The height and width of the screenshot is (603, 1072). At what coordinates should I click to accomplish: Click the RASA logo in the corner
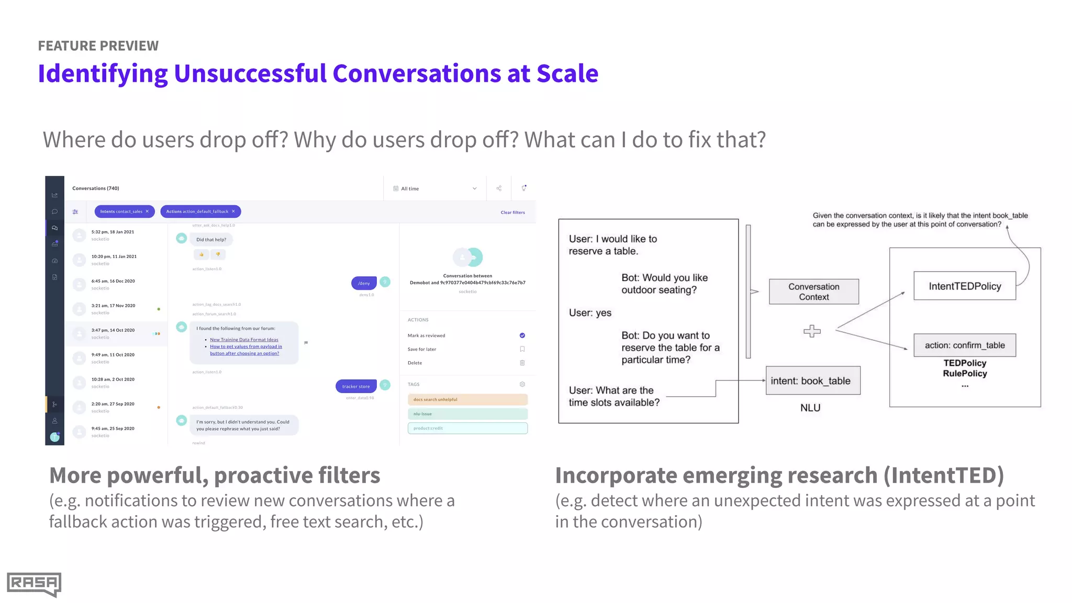[x=34, y=584]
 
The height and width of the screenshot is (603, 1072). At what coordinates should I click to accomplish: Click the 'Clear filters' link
[x=512, y=213]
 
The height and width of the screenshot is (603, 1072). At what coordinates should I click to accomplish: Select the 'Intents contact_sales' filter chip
[x=124, y=211]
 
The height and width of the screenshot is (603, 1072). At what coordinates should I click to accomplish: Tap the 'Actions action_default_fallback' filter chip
[x=200, y=211]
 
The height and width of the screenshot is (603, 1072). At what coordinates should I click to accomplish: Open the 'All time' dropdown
[x=435, y=188]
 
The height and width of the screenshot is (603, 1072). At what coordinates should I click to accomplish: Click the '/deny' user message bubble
[x=364, y=283]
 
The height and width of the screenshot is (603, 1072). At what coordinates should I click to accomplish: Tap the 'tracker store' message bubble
[x=356, y=386]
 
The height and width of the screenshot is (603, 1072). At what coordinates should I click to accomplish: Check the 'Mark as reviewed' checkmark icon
[x=522, y=336]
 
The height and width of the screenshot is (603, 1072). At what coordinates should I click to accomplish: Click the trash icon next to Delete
[x=522, y=363]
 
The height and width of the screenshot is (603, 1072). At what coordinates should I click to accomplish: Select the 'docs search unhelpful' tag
[x=467, y=399]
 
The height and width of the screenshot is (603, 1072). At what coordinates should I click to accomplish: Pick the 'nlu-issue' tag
[x=467, y=414]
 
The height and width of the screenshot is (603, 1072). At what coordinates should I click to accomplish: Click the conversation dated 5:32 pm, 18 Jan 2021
[x=113, y=235]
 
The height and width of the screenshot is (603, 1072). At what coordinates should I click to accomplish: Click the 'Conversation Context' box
[x=813, y=292]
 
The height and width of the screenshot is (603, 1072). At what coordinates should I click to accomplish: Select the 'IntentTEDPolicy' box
[x=964, y=286]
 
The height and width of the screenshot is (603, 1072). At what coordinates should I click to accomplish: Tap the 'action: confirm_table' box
[x=964, y=345]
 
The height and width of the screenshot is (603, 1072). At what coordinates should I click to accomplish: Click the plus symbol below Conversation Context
[x=812, y=331]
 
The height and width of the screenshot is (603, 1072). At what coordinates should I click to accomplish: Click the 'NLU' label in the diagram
[x=810, y=408]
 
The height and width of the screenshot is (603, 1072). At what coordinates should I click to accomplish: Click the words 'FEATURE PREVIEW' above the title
[x=98, y=46]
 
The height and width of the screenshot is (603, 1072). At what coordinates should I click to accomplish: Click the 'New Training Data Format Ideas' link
[x=244, y=340]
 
